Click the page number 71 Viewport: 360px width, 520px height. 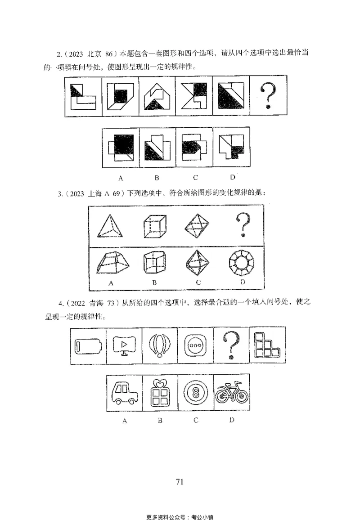(180, 482)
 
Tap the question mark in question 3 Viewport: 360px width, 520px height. (243, 225)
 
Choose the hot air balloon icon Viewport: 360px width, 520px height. (160, 346)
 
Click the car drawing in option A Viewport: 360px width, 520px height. (124, 393)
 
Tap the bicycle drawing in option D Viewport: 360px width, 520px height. (231, 393)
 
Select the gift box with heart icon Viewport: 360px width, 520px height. (160, 393)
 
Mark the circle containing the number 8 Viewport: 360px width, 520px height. (196, 393)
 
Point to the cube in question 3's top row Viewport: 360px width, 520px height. (154, 225)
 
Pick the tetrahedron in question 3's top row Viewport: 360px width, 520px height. (110, 225)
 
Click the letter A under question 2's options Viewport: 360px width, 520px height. (121, 178)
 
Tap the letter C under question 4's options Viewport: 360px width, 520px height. (196, 421)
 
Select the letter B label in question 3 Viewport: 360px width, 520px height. (154, 283)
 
